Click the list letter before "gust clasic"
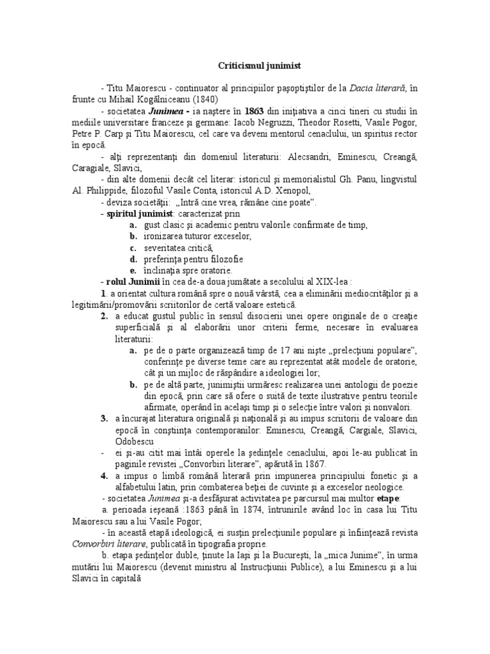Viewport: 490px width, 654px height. point(131,226)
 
